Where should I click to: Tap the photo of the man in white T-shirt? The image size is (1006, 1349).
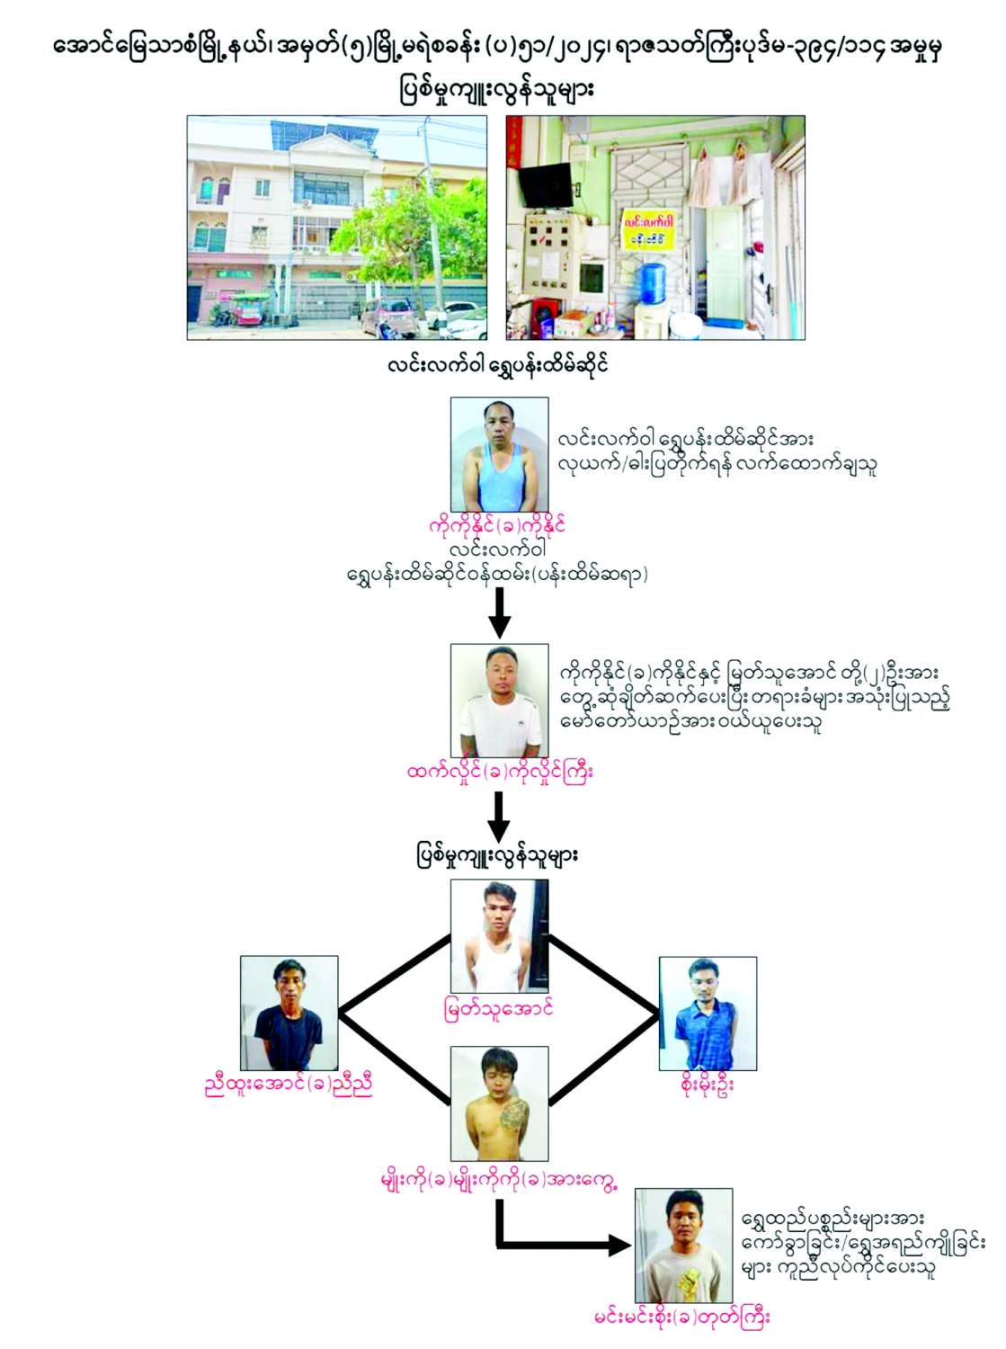tap(499, 701)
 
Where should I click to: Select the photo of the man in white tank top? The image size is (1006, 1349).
tap(499, 935)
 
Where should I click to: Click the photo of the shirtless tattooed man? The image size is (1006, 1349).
tap(499, 1103)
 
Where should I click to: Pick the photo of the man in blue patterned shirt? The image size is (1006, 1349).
tap(708, 1014)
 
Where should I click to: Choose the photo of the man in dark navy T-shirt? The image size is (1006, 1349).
tap(289, 1013)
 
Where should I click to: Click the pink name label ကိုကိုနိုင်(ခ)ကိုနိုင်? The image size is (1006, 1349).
tap(497, 525)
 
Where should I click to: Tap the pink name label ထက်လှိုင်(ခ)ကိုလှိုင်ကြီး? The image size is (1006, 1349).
tap(500, 772)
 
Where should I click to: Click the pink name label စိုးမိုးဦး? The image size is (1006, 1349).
tap(708, 1085)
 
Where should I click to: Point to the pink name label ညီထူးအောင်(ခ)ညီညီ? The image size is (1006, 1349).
tap(289, 1085)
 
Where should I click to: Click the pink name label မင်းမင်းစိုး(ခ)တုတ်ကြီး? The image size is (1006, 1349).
tap(681, 1318)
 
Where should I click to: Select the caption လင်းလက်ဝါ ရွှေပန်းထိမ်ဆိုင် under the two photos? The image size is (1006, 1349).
tap(497, 364)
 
